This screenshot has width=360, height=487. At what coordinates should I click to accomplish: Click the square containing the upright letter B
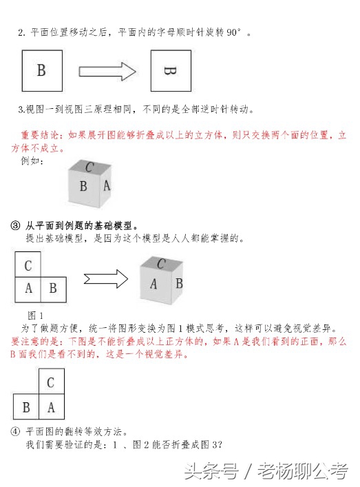(42, 70)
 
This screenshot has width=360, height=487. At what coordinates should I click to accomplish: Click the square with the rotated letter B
(170, 70)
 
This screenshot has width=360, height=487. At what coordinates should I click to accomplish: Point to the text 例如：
(33, 161)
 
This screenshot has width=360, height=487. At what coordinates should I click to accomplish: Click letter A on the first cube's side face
(107, 186)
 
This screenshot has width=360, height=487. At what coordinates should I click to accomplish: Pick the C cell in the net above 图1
(28, 265)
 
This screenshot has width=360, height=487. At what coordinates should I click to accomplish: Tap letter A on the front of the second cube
(154, 284)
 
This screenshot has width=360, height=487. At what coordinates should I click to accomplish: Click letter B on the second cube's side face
(178, 282)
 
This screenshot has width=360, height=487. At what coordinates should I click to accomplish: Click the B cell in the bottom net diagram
(26, 407)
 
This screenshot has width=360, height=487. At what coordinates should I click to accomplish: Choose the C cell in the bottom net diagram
(51, 382)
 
